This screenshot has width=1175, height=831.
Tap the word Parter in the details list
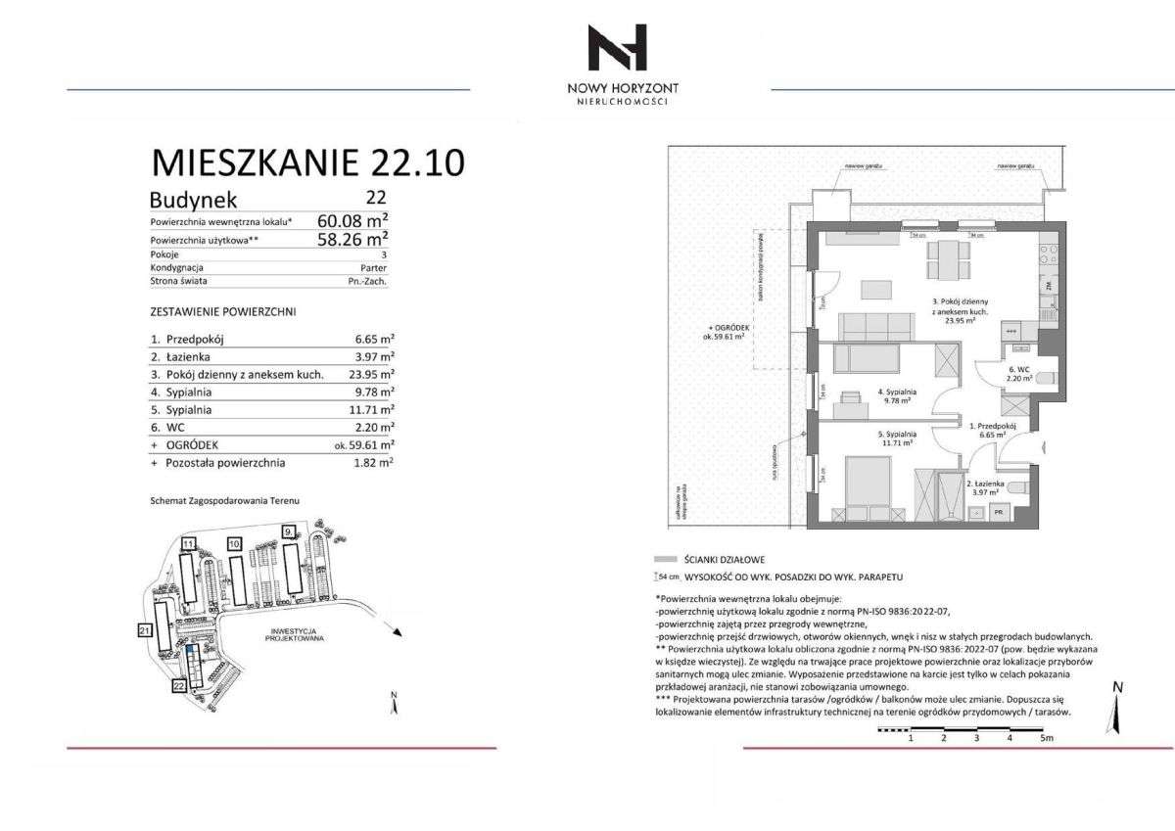click(374, 267)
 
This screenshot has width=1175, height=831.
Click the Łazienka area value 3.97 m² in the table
click(375, 356)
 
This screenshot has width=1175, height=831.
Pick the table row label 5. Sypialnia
click(181, 410)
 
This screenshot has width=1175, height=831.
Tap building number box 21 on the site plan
click(145, 631)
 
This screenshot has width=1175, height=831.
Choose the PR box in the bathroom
click(1000, 512)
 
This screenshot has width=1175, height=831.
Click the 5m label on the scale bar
click(1047, 739)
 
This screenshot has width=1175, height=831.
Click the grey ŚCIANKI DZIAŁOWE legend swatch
click(671, 558)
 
